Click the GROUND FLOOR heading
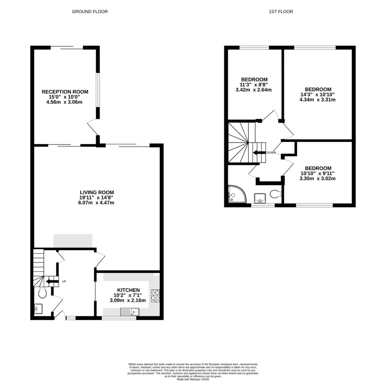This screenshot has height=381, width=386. click(x=90, y=12)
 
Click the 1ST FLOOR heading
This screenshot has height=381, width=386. click(x=281, y=12)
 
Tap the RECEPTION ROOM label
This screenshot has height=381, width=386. click(x=65, y=91)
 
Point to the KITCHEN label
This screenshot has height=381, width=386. click(x=128, y=290)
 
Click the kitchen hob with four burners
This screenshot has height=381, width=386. click(x=155, y=295)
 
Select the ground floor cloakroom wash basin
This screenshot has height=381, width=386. click(x=38, y=309)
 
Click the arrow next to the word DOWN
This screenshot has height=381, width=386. click(x=259, y=153)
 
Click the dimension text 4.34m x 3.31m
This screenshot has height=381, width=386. click(x=317, y=100)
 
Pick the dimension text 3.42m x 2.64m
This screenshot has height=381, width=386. click(x=253, y=90)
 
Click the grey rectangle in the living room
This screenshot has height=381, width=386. click(x=73, y=241)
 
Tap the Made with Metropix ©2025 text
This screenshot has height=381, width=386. click(x=193, y=378)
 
